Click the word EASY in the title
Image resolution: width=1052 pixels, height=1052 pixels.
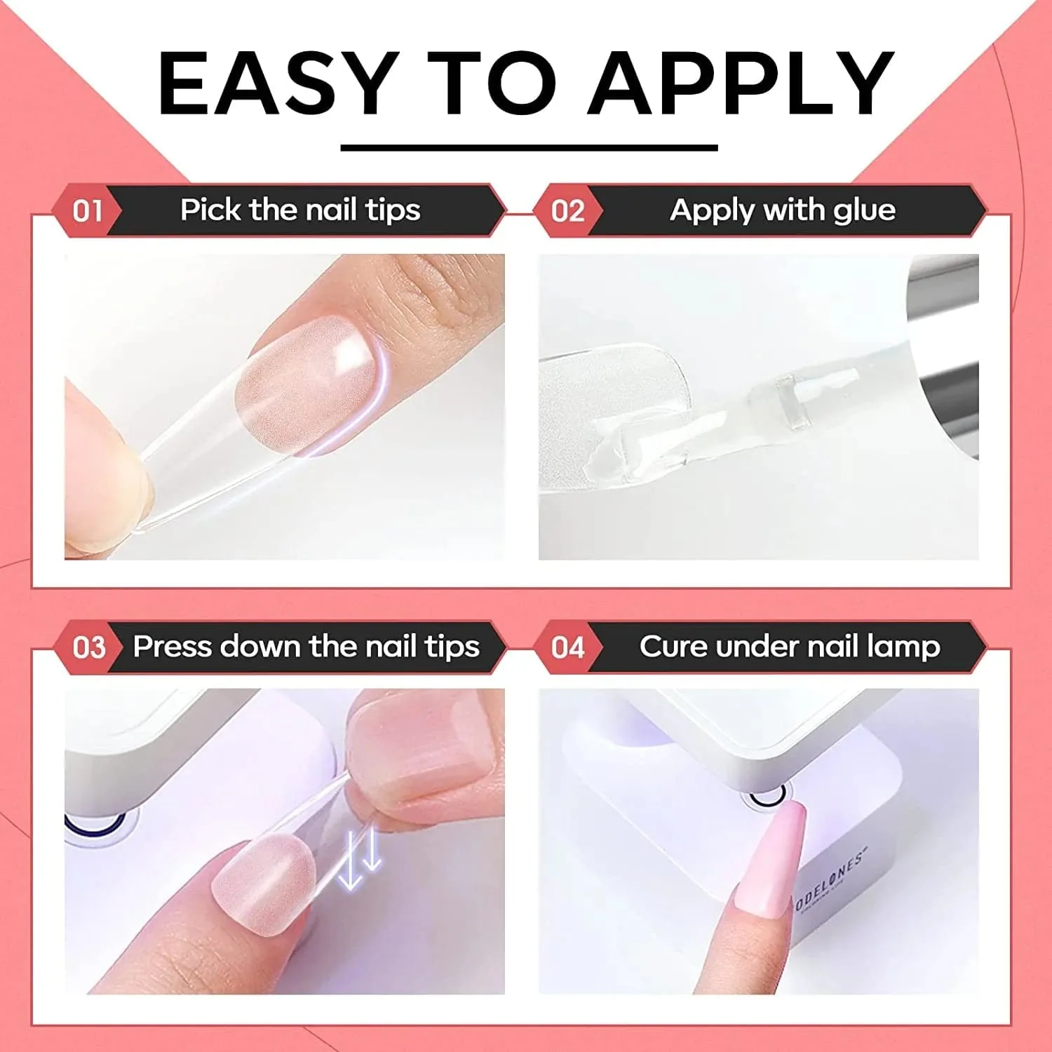[x=274, y=83]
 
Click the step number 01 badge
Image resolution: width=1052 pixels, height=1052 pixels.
[x=88, y=211]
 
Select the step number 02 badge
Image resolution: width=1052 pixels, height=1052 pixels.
[x=568, y=211]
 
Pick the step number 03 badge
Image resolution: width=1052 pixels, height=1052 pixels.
[x=88, y=647]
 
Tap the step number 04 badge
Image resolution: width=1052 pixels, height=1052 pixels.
[x=568, y=647]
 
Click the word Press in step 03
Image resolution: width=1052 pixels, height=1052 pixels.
[x=173, y=646]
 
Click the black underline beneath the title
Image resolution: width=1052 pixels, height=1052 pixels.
[x=530, y=148]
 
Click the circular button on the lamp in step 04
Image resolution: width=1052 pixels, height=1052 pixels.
[x=767, y=795]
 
